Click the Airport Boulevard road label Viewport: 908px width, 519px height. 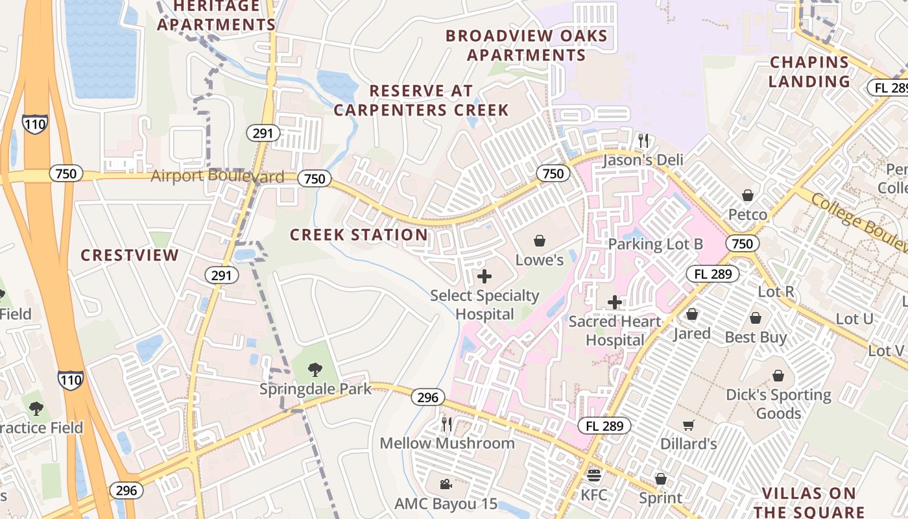tap(217, 176)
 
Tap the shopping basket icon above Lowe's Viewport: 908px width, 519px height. tap(539, 241)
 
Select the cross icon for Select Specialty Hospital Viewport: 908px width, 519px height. tap(484, 276)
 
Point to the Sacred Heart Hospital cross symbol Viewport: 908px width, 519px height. tap(615, 302)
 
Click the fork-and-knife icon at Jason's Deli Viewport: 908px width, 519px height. tap(643, 140)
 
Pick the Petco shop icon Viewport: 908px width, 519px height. tap(748, 195)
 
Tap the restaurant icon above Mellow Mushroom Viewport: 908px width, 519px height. tap(446, 424)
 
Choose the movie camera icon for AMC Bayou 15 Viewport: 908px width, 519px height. tap(446, 484)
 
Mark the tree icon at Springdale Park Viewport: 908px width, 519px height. tap(315, 370)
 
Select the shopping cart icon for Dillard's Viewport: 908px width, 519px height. tap(688, 425)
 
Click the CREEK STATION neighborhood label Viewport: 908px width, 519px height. tap(359, 235)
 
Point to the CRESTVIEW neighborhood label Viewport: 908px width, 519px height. tap(130, 255)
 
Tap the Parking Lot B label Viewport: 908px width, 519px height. tap(655, 245)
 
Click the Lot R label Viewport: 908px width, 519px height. tap(776, 292)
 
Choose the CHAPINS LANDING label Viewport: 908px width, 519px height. tap(809, 72)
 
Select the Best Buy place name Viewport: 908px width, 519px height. tap(756, 337)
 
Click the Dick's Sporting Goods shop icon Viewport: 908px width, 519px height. tap(778, 376)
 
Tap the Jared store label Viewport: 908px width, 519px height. tap(691, 333)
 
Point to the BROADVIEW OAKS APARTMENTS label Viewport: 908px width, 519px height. tap(527, 45)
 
